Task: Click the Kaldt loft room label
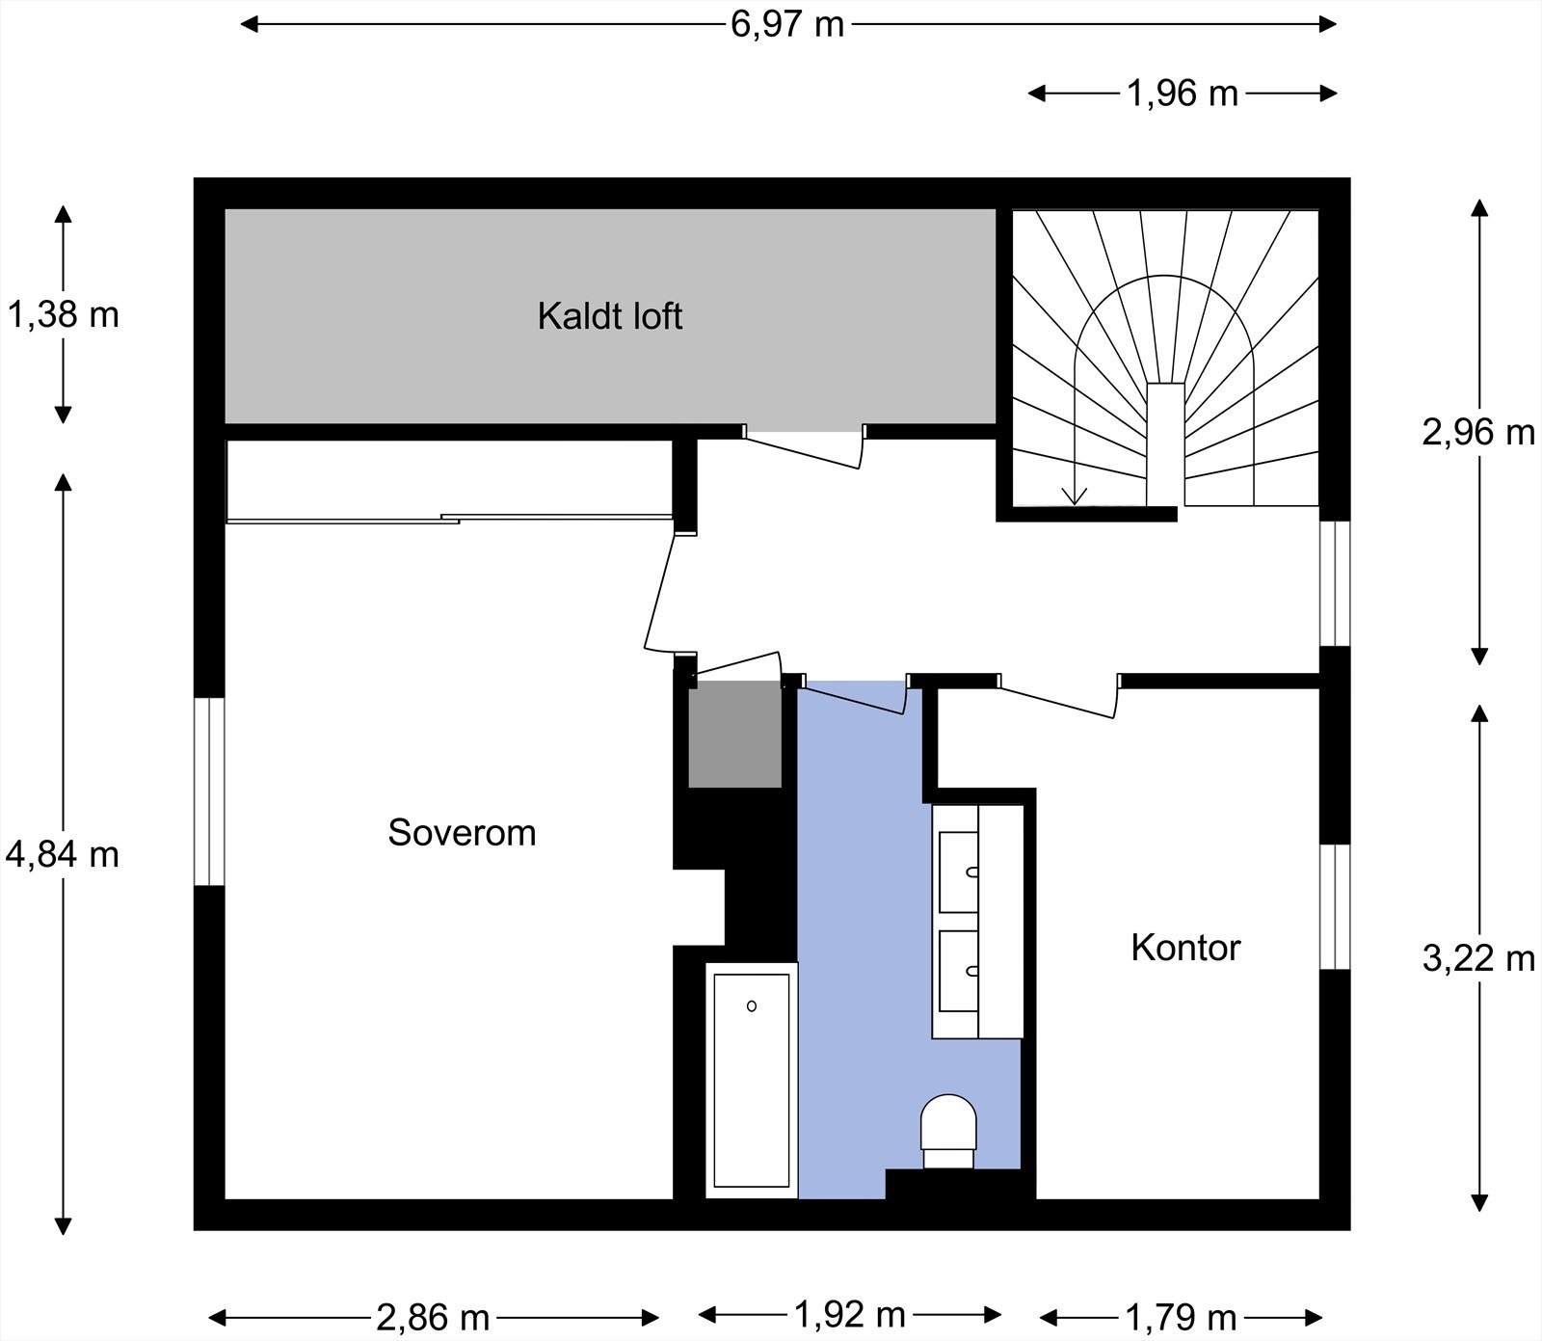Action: point(610,316)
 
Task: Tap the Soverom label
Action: point(462,832)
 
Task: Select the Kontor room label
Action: point(1185,948)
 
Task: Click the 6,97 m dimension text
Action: point(787,24)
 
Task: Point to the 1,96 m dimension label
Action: point(1183,94)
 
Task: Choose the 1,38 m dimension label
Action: point(63,314)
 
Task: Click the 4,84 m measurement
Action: point(63,854)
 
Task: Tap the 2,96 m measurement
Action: point(1478,432)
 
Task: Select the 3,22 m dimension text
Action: point(1478,958)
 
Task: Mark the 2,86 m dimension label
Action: point(433,1317)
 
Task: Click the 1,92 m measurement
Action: point(849,1313)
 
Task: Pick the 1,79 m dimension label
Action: point(1181,1317)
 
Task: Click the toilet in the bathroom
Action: point(948,1128)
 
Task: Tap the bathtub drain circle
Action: point(752,1006)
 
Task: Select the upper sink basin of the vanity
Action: point(959,872)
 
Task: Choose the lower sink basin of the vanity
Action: point(959,970)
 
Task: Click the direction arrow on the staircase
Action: point(1075,494)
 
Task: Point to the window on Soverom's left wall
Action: point(209,791)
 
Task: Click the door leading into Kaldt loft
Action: point(803,448)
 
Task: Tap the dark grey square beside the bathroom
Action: point(734,735)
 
